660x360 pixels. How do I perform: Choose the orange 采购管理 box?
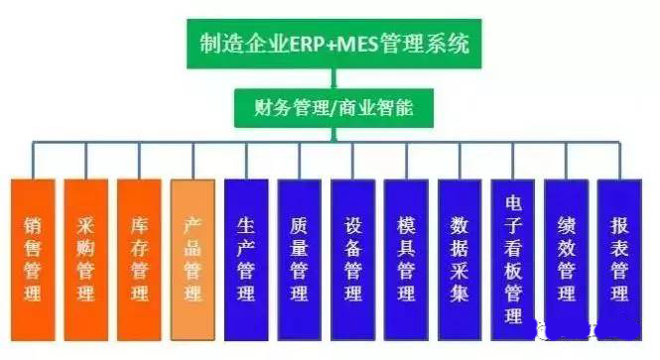click(x=85, y=255)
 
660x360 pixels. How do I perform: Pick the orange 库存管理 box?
click(x=139, y=255)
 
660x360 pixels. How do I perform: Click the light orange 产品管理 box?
click(x=193, y=255)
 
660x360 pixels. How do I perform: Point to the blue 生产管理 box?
click(x=246, y=255)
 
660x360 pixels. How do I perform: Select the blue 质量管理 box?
click(x=299, y=255)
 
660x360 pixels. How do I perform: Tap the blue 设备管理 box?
click(x=352, y=255)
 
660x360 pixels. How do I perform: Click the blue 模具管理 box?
click(x=406, y=255)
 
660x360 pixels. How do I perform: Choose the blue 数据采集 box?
click(x=460, y=255)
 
